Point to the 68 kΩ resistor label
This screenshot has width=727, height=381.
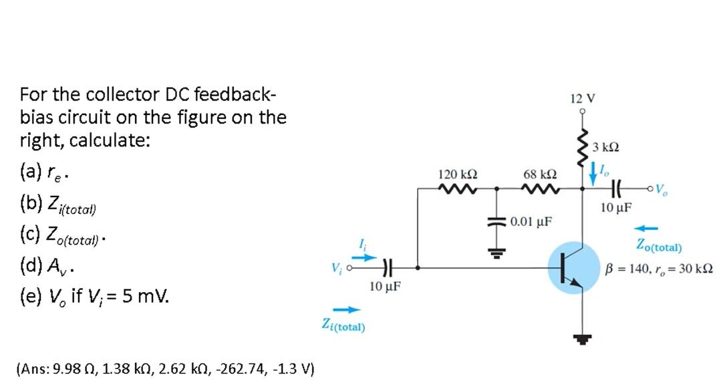(539, 174)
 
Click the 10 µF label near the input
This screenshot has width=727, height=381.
(385, 287)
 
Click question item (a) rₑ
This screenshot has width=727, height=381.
(46, 176)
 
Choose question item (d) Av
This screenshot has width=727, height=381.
(47, 269)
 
